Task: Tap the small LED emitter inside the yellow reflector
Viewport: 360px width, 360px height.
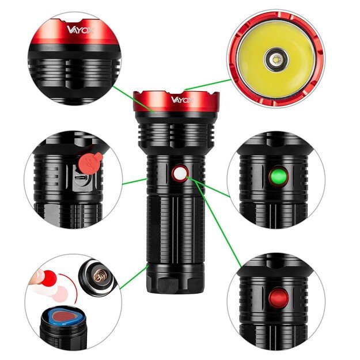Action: (x=276, y=58)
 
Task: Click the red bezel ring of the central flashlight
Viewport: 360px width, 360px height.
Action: (x=176, y=104)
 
